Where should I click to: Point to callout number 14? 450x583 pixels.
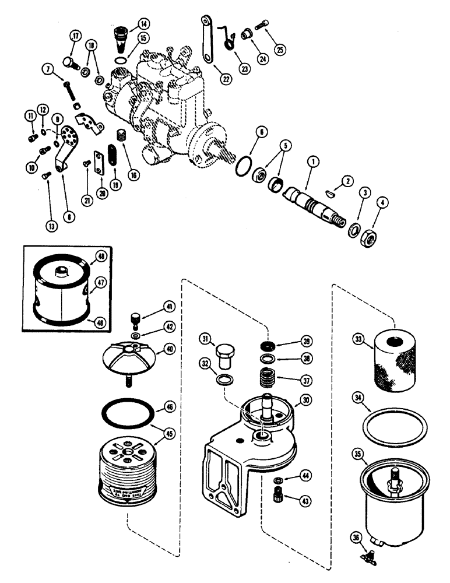coord(143,24)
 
